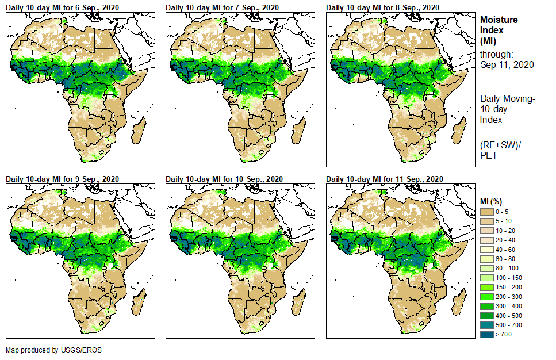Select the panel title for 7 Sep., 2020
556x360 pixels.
[222, 7]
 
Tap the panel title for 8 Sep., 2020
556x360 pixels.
[382, 7]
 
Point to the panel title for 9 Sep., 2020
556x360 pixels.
[62, 179]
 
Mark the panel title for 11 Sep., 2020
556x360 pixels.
[385, 179]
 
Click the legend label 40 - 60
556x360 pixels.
[507, 250]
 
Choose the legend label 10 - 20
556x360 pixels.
[507, 231]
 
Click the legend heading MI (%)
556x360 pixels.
[493, 201]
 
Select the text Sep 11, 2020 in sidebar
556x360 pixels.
[507, 64]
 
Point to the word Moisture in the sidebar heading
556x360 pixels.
[499, 20]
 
